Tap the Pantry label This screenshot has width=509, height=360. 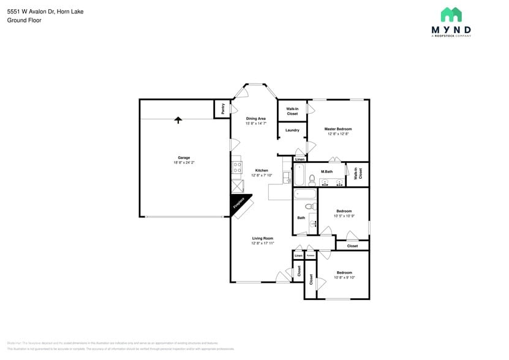pos(223,108)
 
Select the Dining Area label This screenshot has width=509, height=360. pos(255,118)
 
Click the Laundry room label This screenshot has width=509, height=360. pos(292,130)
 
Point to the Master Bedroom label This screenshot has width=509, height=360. pos(338,129)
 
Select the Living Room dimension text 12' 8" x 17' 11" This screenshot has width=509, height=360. pos(262,243)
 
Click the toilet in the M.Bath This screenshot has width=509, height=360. pos(311,180)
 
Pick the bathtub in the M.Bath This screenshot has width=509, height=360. pos(299,175)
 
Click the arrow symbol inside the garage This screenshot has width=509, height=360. pos(178,120)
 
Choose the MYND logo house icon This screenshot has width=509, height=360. pos(451,15)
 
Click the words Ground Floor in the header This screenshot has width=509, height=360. pos(24,20)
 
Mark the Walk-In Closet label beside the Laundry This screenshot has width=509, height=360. pos(292,111)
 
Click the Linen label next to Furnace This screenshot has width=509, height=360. pos(298,255)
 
